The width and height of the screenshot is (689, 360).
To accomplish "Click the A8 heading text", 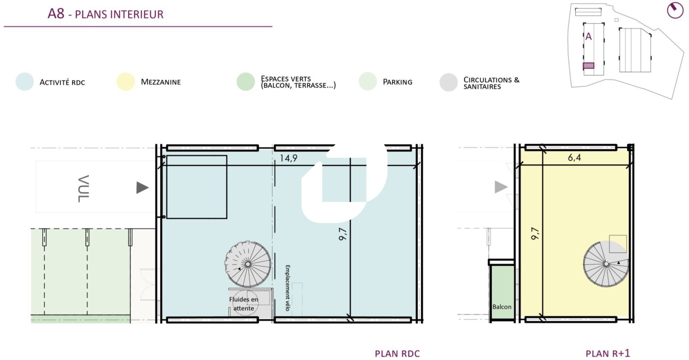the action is [x=56, y=14].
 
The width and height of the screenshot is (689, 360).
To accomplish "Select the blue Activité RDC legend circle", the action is [x=25, y=81].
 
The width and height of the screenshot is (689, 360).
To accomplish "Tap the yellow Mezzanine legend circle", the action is [x=126, y=81].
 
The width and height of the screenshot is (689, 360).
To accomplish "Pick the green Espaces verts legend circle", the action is [x=246, y=81].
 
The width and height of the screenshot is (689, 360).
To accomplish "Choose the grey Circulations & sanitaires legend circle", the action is [x=448, y=82].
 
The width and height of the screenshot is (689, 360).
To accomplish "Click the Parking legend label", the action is [x=397, y=82].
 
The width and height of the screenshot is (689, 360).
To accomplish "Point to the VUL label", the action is [x=84, y=189].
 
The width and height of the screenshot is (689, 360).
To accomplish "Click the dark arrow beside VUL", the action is [x=143, y=188].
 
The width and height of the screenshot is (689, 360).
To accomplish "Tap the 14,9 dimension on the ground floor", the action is [x=288, y=158].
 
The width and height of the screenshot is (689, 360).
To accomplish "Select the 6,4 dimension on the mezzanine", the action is [x=574, y=158].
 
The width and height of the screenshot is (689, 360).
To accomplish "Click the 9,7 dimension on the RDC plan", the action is [x=343, y=234].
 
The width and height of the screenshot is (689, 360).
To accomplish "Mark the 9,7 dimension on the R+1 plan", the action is [x=535, y=233].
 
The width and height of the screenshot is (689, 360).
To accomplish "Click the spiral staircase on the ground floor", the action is [x=248, y=264].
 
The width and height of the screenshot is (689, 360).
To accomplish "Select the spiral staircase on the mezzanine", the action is [x=606, y=264].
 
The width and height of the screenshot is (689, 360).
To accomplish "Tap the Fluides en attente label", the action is [x=244, y=304].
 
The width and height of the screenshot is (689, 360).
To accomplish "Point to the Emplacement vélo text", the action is [x=288, y=288].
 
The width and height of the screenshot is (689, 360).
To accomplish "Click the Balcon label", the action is [x=502, y=307].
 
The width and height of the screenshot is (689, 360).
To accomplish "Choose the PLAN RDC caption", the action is [x=397, y=354].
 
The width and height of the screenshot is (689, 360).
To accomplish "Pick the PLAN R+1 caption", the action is [x=608, y=354].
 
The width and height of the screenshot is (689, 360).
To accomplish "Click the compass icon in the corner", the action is [x=675, y=10].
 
